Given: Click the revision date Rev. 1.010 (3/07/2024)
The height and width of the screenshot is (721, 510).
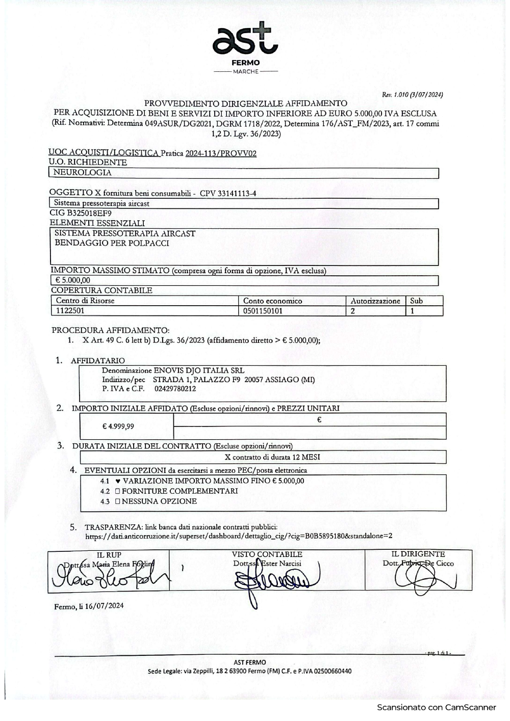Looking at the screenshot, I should (413, 94).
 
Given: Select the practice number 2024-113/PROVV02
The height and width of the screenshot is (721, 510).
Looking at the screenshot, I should (221, 153).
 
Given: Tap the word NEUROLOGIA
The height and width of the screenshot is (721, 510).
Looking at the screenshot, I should (82, 173).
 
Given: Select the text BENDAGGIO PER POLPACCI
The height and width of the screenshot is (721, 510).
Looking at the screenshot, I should (112, 243).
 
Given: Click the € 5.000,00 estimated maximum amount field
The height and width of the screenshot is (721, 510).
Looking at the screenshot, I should (72, 280).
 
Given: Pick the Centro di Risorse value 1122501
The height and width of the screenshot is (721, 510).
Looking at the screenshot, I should (70, 310).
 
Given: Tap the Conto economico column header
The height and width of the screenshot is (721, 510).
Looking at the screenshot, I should (272, 301).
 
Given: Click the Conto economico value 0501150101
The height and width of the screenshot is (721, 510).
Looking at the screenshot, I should (263, 310).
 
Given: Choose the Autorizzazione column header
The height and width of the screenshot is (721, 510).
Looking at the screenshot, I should (375, 301).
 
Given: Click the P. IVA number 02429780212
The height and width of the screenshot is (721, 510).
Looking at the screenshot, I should (175, 389).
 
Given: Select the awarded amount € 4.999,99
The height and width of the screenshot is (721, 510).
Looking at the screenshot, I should (118, 426).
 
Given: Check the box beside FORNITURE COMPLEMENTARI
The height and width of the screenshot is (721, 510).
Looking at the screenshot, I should (117, 491).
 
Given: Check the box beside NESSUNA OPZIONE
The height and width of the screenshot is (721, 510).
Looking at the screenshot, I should (117, 501).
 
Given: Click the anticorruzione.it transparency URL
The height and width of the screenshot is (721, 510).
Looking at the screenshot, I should (239, 536).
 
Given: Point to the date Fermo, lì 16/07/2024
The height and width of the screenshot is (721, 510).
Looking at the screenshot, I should (89, 606).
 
